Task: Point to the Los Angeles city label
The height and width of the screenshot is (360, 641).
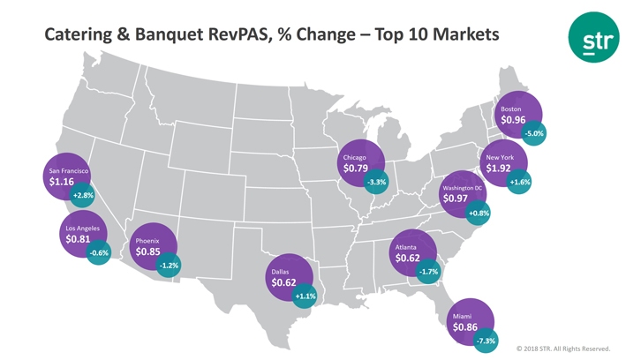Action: [x=82, y=228]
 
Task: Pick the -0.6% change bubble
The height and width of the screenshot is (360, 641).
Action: [x=100, y=252]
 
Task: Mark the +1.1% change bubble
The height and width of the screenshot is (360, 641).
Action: [x=305, y=296]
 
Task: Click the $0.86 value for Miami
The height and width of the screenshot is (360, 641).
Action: [x=465, y=326]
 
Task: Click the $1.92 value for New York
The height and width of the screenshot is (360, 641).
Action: [x=499, y=169]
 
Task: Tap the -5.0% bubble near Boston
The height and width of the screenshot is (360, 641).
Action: [x=534, y=133]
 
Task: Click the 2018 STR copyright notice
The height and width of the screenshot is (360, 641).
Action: [x=563, y=349]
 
